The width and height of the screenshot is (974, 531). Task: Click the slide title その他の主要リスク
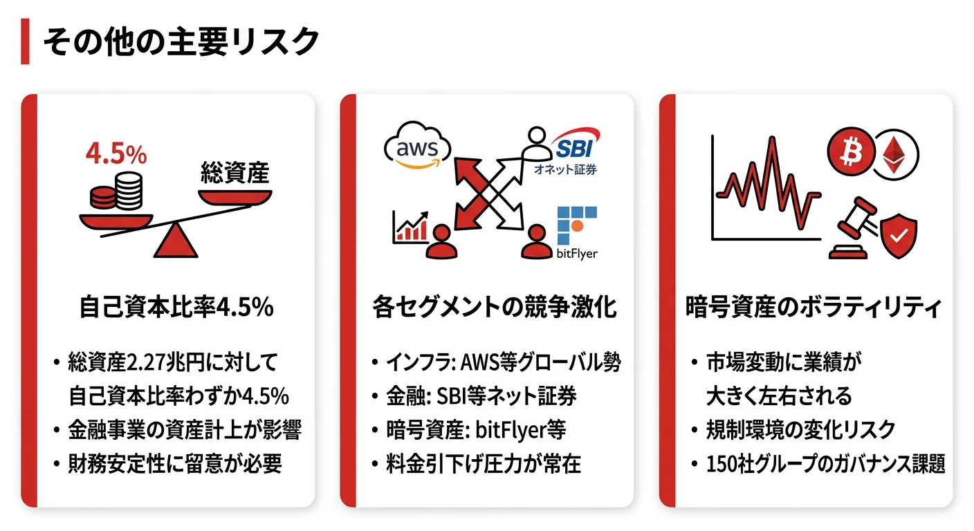tap(181, 42)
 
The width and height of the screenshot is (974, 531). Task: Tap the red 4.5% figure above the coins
tap(116, 154)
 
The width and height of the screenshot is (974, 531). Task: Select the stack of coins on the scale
tap(117, 192)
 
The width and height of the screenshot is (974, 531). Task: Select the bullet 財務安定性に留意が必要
tap(175, 464)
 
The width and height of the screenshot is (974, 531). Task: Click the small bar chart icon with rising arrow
tap(410, 226)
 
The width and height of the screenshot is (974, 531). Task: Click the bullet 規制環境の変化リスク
tap(800, 429)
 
